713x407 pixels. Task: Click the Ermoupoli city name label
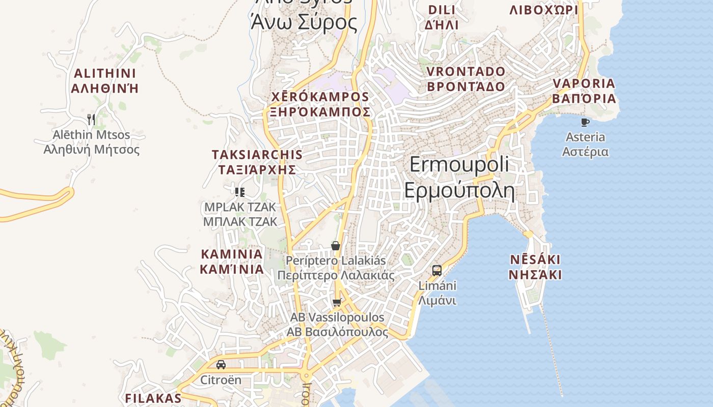(x=459, y=164)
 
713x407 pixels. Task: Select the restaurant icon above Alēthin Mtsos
(x=91, y=120)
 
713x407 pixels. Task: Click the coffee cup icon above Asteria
(x=585, y=122)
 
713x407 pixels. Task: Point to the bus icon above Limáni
(x=437, y=270)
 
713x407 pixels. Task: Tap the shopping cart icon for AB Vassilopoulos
(x=337, y=303)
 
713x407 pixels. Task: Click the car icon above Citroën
(x=221, y=365)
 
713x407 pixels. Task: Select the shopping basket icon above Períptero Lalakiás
(x=336, y=246)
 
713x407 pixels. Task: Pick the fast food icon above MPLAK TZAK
(x=240, y=192)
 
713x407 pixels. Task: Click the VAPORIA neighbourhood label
(x=584, y=83)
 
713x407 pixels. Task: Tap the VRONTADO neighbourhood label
(x=466, y=71)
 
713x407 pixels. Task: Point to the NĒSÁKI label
(x=535, y=260)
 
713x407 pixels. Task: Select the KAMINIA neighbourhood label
(x=232, y=254)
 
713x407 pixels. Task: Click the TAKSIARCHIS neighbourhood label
(x=257, y=154)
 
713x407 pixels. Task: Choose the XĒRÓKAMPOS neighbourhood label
(x=320, y=97)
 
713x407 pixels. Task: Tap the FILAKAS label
(x=153, y=398)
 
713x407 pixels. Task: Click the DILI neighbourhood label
(x=442, y=10)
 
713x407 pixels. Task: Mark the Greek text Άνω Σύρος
(x=304, y=22)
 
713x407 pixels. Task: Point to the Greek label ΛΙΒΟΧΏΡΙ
(x=544, y=10)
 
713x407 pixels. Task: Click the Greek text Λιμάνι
(x=437, y=301)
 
